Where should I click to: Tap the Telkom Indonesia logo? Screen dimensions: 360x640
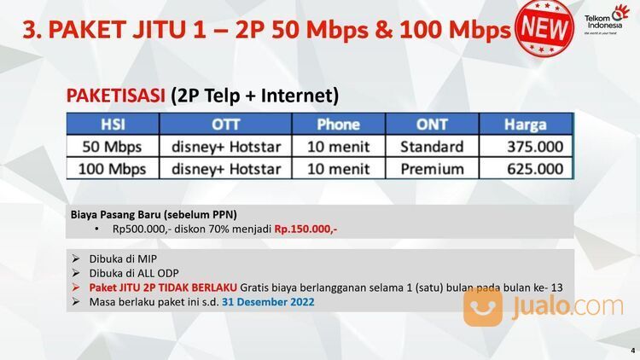point(607,23)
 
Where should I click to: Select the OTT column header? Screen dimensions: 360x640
point(225,125)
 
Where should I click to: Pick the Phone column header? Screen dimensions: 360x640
point(338,125)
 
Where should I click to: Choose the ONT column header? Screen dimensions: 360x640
point(432,125)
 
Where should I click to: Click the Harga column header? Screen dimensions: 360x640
point(525,125)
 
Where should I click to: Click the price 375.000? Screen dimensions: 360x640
point(535,147)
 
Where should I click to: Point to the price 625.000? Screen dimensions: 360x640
point(535,169)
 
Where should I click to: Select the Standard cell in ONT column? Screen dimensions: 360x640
point(432,147)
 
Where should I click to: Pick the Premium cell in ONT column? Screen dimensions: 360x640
point(432,169)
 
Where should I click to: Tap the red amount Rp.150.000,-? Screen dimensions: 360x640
point(305,229)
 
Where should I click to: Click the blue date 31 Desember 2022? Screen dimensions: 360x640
point(268,301)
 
